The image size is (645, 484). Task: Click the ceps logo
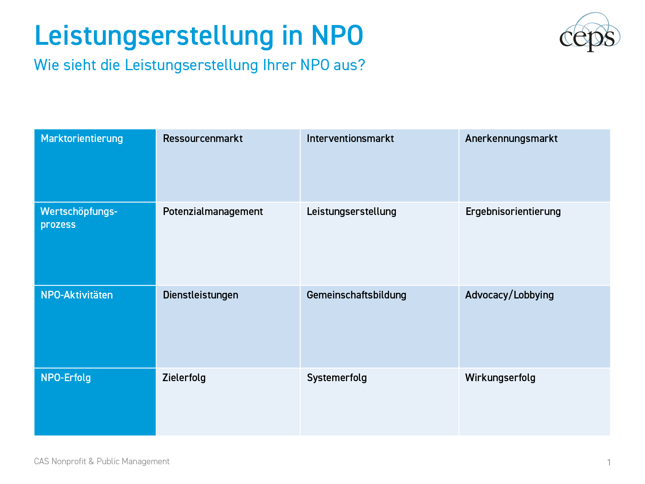pyautogui.click(x=589, y=33)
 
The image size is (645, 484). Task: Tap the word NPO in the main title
pyautogui.click(x=337, y=35)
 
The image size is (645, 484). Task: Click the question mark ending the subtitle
pyautogui.click(x=361, y=65)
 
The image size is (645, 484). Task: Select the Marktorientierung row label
pyautogui.click(x=82, y=139)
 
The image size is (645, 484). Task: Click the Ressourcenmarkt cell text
pyautogui.click(x=203, y=139)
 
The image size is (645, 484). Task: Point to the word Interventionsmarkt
pyautogui.click(x=350, y=139)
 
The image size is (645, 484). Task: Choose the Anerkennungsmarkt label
pyautogui.click(x=511, y=139)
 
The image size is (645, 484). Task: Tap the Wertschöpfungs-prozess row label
pyautogui.click(x=79, y=218)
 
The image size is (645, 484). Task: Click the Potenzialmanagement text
pyautogui.click(x=213, y=212)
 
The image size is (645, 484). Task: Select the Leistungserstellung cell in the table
pyautogui.click(x=352, y=212)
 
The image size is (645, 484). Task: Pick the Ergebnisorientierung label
pyautogui.click(x=513, y=212)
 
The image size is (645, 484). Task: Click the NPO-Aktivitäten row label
pyautogui.click(x=77, y=295)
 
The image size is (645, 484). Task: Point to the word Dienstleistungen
pyautogui.click(x=200, y=295)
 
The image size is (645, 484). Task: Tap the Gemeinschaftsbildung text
pyautogui.click(x=356, y=295)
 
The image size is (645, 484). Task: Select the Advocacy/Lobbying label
pyautogui.click(x=510, y=295)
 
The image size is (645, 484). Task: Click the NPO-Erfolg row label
pyautogui.click(x=66, y=378)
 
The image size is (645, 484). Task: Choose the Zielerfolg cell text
pyautogui.click(x=184, y=378)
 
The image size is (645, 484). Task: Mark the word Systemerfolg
pyautogui.click(x=337, y=378)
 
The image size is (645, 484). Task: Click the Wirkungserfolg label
pyautogui.click(x=500, y=378)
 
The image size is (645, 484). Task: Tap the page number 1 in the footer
pyautogui.click(x=609, y=462)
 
